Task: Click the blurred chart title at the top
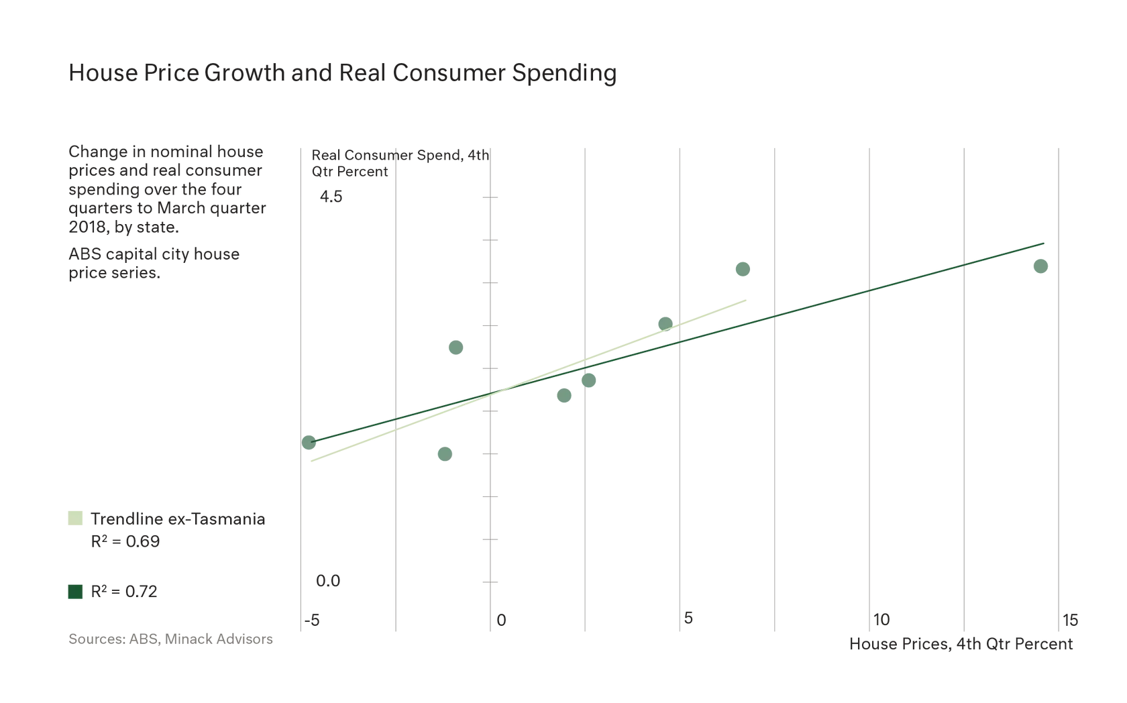(339, 74)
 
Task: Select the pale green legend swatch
(75, 519)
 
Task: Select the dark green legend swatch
(75, 592)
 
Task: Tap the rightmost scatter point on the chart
(1041, 266)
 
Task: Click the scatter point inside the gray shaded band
(743, 269)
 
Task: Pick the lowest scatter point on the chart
(445, 455)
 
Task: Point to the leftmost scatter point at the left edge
(309, 443)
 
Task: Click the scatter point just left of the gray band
(665, 322)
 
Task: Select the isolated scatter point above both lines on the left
(455, 347)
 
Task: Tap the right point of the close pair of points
(589, 381)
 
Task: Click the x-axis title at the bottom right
(963, 645)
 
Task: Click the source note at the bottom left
(172, 639)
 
